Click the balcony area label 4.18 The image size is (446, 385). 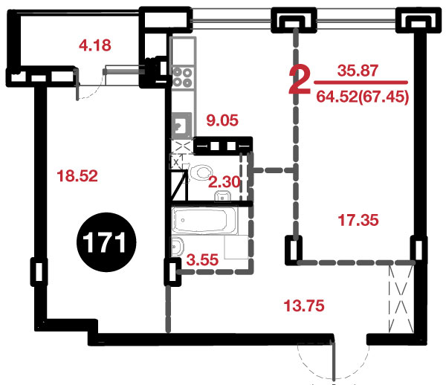[94, 45]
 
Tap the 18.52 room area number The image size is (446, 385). [77, 175]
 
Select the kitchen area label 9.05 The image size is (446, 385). [222, 120]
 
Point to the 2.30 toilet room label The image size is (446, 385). [224, 182]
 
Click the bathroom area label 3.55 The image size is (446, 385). [202, 259]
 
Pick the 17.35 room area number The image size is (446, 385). [358, 220]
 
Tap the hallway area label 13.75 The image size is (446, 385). [304, 305]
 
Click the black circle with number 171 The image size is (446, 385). [106, 242]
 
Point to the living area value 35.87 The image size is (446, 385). [358, 71]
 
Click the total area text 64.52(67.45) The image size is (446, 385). [363, 97]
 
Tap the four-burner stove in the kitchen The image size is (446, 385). [182, 77]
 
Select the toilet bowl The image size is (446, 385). [200, 172]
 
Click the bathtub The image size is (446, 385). [204, 221]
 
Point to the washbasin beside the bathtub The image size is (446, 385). [178, 247]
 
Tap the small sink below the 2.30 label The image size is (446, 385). [223, 196]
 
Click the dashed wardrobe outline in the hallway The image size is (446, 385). [401, 298]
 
